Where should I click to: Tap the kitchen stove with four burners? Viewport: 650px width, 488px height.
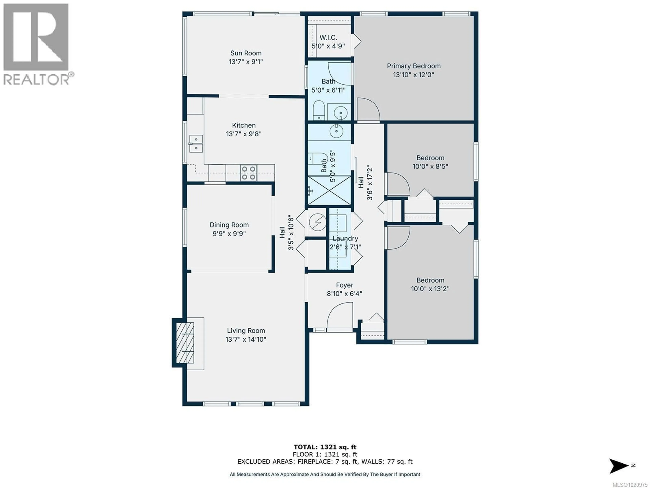(x=248, y=173)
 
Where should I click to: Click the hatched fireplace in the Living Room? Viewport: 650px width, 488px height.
(x=185, y=343)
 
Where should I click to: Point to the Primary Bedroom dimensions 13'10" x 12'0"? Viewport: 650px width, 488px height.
(x=414, y=75)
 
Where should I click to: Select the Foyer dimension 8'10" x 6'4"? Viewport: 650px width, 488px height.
(x=344, y=294)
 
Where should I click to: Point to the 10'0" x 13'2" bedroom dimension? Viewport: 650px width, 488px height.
(x=430, y=289)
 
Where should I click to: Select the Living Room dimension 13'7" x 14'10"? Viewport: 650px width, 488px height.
(x=246, y=339)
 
